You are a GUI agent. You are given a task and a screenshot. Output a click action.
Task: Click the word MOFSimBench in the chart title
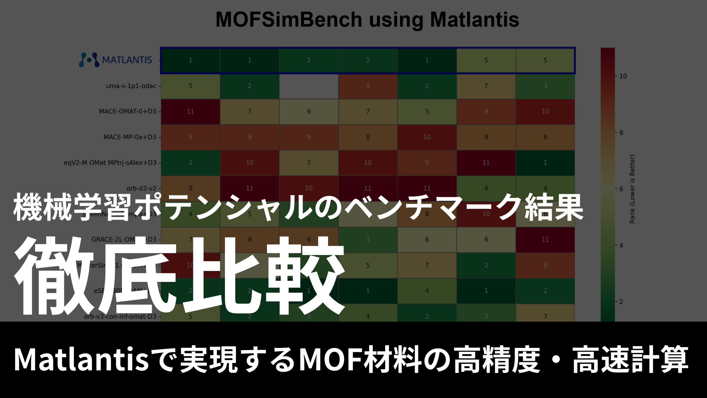pyautogui.click(x=289, y=20)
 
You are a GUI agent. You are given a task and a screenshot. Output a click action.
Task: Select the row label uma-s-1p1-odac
pyautogui.click(x=131, y=86)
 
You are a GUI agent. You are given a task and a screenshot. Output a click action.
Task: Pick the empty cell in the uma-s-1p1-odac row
pyautogui.click(x=309, y=86)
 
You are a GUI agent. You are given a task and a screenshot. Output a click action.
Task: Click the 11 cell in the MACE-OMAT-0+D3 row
pyautogui.click(x=190, y=111)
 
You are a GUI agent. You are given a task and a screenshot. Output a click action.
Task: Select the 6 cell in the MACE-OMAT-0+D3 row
pyautogui.click(x=309, y=111)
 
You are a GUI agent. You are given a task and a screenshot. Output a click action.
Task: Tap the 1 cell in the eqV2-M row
pyautogui.click(x=545, y=163)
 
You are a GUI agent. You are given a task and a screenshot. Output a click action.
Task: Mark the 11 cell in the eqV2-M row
pyautogui.click(x=486, y=163)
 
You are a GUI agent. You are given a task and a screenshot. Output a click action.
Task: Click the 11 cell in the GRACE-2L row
pyautogui.click(x=545, y=240)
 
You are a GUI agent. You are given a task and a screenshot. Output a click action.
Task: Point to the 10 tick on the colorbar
pyautogui.click(x=623, y=76)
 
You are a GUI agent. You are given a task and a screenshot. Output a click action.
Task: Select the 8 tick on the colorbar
pyautogui.click(x=621, y=133)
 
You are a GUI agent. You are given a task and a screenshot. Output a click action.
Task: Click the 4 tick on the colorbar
pyautogui.click(x=621, y=245)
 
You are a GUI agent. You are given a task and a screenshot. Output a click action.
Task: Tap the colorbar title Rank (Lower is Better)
pyautogui.click(x=632, y=189)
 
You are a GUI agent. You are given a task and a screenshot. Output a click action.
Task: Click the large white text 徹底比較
pyautogui.click(x=180, y=276)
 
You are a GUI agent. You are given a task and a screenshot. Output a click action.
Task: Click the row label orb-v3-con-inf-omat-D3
pyautogui.click(x=120, y=317)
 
